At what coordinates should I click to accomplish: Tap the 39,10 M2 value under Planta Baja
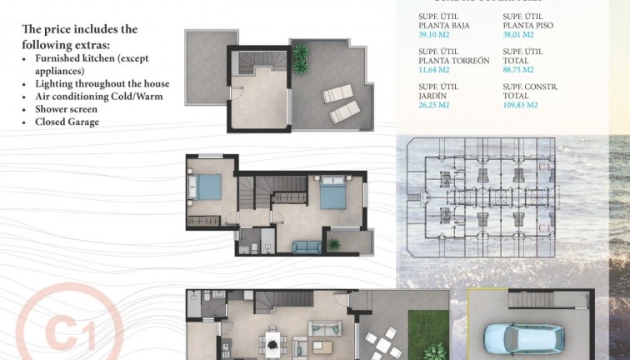434,35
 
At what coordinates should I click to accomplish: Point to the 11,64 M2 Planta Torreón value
434,70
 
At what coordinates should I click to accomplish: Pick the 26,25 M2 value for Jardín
434,106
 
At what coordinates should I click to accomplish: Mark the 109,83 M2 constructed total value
521,106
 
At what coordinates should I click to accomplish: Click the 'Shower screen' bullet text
66,109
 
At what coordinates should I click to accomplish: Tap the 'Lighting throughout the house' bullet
102,84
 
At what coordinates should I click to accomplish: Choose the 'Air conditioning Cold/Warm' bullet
98,97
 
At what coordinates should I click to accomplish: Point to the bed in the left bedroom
208,187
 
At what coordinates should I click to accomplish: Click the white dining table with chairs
272,341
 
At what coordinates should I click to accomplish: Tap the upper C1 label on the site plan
543,166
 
